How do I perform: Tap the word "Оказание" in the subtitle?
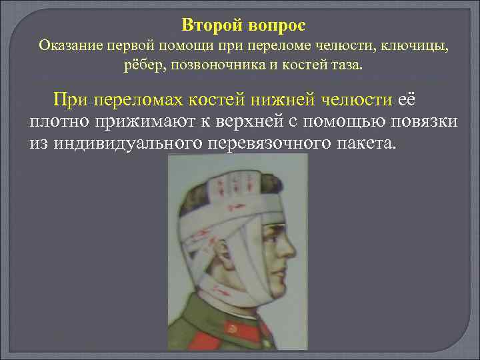68,46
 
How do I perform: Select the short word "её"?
407,100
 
